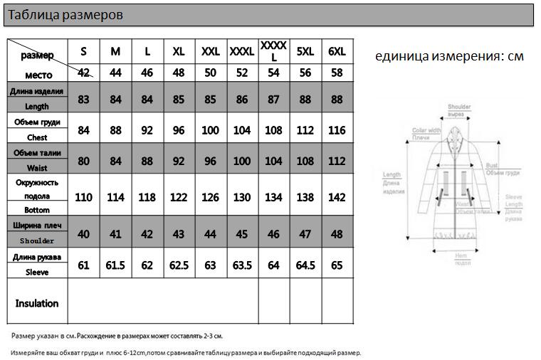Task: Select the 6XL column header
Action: point(337,51)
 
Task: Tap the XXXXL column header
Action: point(274,51)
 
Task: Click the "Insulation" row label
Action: point(37,304)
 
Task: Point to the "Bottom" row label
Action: point(37,210)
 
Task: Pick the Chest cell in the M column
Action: point(115,130)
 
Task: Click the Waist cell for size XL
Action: point(179,161)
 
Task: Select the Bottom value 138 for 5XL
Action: point(305,197)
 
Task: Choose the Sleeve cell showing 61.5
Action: point(115,265)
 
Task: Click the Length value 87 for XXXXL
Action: point(274,100)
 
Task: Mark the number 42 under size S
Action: point(84,73)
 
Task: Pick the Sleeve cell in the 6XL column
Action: point(337,265)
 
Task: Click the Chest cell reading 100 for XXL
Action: point(211,130)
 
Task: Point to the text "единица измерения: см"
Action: point(449,56)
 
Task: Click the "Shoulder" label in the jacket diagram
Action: point(459,107)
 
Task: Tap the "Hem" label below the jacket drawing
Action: point(461,255)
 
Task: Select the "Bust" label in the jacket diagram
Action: point(491,165)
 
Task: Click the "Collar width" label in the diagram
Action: point(426,131)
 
